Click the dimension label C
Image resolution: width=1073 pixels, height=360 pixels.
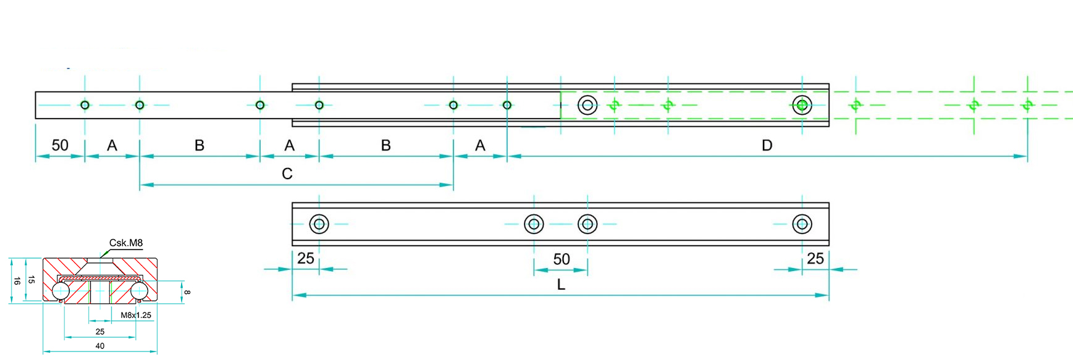click(287, 174)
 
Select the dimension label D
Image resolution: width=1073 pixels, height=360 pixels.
click(767, 146)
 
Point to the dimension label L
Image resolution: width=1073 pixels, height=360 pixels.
click(561, 285)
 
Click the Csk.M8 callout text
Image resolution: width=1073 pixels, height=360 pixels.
click(126, 243)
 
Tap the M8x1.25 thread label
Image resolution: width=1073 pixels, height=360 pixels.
click(136, 315)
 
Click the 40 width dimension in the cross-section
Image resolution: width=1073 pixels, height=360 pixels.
click(100, 346)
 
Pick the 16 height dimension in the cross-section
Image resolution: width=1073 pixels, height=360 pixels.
click(17, 281)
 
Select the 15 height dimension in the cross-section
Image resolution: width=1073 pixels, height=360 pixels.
click(32, 280)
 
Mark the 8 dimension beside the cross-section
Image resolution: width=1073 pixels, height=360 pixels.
click(187, 292)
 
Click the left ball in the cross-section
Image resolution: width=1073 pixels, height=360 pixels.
click(61, 291)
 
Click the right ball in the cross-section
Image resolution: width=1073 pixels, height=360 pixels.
click(140, 291)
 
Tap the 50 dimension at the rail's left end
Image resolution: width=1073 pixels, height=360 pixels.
click(60, 146)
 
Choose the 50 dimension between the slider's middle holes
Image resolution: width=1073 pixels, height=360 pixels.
click(562, 259)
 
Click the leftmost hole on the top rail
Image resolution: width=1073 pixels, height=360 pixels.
click(85, 105)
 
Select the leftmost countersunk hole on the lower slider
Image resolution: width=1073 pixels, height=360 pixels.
click(319, 224)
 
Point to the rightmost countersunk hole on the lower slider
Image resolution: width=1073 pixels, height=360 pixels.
click(802, 224)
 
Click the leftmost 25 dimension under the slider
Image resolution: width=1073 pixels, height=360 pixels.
click(306, 259)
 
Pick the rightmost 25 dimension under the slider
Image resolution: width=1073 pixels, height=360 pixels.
click(815, 259)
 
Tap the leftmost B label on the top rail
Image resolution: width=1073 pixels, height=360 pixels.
click(200, 146)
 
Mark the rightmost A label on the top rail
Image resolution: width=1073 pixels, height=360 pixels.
click(480, 146)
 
